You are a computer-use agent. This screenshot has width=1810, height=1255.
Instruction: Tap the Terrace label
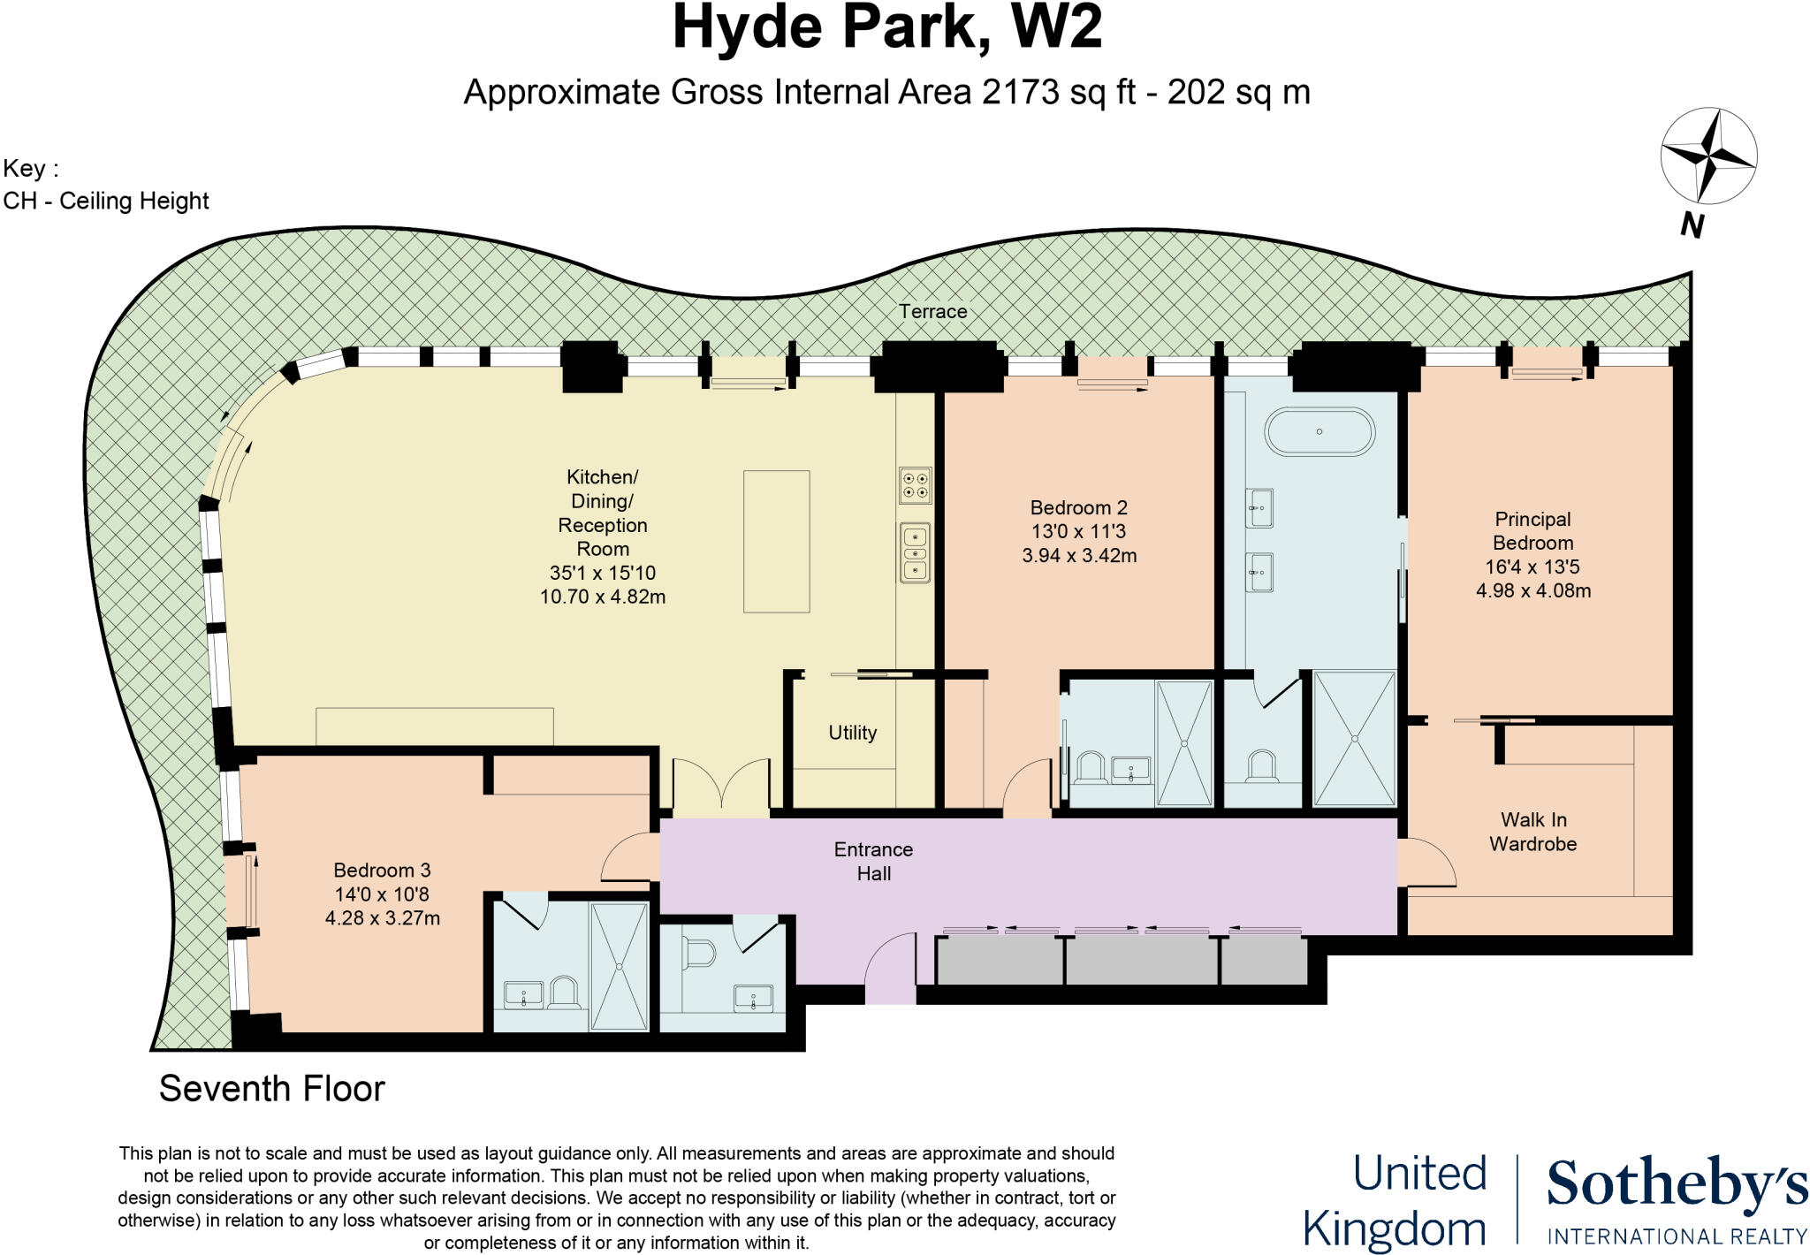(932, 311)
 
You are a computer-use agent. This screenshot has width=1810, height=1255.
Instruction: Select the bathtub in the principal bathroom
(1319, 432)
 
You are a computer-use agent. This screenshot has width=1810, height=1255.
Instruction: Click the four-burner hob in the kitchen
(915, 484)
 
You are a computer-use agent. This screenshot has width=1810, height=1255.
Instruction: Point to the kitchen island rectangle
(776, 541)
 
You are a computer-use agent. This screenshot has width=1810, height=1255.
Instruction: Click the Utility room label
(852, 733)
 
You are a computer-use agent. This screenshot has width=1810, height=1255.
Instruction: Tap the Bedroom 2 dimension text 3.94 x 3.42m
(1078, 556)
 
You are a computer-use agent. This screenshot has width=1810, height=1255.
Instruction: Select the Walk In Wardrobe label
(1532, 832)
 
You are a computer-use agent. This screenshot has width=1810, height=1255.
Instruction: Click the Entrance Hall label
(873, 861)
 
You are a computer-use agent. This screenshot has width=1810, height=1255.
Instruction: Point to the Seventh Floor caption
(271, 1089)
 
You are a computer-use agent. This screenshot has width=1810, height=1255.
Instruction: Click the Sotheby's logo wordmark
(1677, 1187)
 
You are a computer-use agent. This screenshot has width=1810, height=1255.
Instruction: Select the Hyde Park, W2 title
(886, 28)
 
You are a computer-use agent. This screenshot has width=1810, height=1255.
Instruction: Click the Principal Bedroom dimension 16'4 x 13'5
(1532, 567)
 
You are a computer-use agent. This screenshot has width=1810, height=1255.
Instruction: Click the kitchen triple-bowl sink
(915, 553)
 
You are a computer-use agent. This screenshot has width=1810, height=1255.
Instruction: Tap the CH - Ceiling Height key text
(106, 202)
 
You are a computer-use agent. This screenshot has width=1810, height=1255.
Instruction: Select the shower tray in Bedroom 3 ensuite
(619, 966)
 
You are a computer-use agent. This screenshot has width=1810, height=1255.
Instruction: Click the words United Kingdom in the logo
(1395, 1202)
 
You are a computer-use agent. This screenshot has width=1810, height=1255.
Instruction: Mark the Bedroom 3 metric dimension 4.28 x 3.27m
(382, 918)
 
